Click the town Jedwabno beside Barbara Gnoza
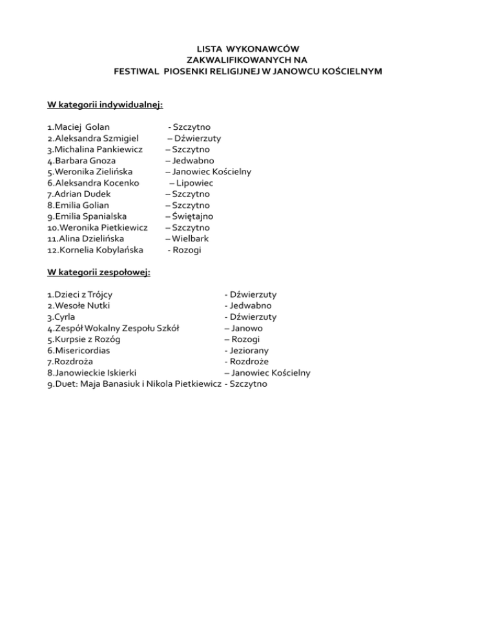(193, 161)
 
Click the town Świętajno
(192, 216)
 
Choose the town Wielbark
(190, 239)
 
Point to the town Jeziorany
(252, 351)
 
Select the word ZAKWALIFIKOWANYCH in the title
(248, 59)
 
